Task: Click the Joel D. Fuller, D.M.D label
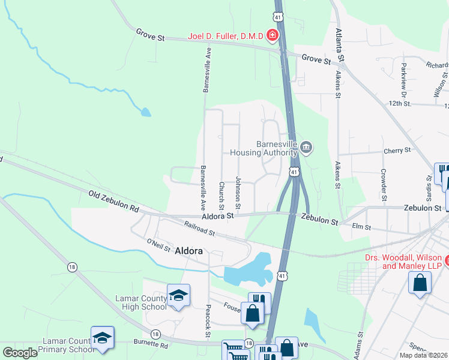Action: point(225,36)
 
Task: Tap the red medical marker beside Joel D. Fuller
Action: point(273,36)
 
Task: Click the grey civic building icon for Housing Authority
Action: point(306,147)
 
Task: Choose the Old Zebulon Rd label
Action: point(113,202)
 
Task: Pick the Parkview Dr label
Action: point(404,79)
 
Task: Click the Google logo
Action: point(20,353)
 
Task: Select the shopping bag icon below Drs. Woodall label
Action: point(420,283)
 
